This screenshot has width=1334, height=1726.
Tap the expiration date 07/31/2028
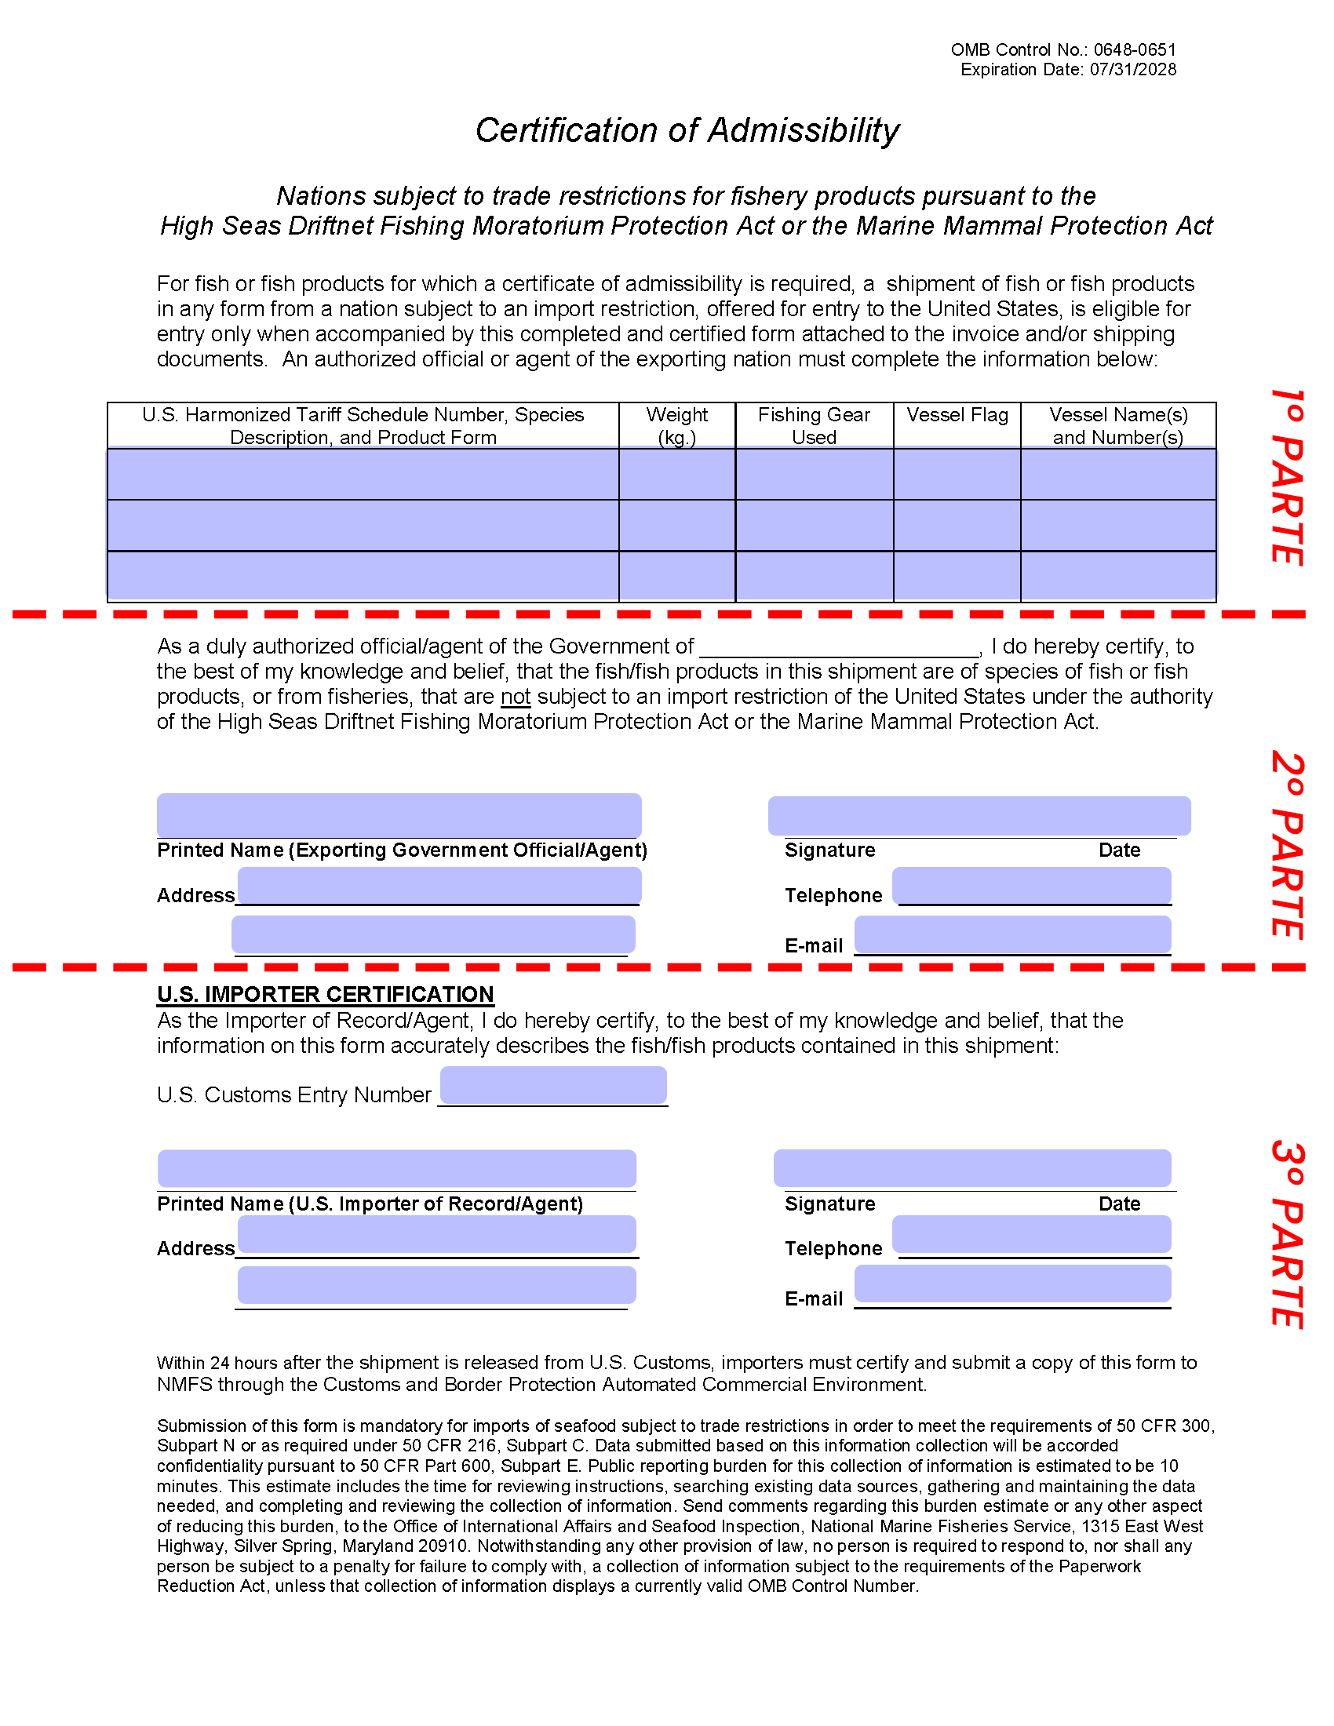1132,70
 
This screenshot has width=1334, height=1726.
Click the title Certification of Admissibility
687,130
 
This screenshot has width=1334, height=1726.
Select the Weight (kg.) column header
676,425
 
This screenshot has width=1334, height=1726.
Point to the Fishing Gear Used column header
813,425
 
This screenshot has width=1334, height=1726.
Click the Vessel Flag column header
957,415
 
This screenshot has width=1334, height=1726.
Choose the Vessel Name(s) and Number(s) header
1117,425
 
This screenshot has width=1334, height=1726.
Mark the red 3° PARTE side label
1287,1233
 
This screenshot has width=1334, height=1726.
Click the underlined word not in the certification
516,697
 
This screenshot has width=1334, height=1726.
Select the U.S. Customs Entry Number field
553,1085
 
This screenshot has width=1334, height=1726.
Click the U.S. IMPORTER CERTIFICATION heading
325,994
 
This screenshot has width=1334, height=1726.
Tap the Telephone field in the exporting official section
1031,886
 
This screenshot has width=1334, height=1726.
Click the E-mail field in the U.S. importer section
1011,1284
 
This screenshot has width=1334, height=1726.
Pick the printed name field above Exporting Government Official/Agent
399,815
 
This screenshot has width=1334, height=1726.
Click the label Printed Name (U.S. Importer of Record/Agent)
370,1203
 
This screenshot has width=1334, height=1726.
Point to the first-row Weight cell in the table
676,474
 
